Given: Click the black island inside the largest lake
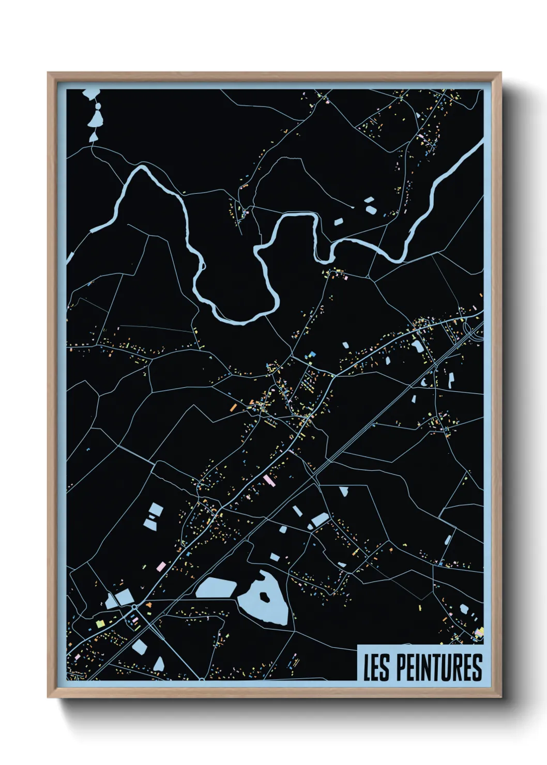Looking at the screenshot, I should [x=265, y=596].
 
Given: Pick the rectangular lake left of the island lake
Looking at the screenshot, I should [x=216, y=588].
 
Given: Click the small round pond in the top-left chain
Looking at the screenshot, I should [x=97, y=106].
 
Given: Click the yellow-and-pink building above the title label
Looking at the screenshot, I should [x=479, y=632].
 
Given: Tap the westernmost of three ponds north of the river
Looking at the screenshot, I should [x=338, y=222].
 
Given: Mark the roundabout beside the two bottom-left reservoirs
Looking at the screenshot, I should [x=134, y=606].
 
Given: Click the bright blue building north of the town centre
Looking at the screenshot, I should [x=312, y=355].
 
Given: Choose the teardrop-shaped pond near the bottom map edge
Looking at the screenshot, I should [x=159, y=663].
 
